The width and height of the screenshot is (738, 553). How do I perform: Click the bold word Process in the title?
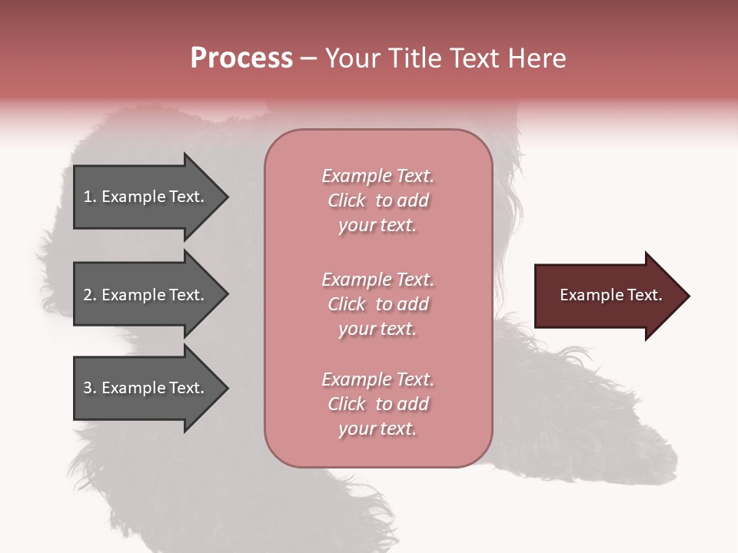tap(241, 58)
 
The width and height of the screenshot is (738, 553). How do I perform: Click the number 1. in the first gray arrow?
tap(90, 197)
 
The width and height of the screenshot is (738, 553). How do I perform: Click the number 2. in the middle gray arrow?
tap(90, 295)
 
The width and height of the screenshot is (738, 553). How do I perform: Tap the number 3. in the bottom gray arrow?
tap(90, 388)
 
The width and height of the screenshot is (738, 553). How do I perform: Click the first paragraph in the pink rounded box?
tap(377, 200)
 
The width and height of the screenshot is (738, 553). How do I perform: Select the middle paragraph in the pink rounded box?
tap(377, 304)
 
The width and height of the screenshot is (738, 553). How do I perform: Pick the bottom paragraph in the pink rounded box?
tap(377, 404)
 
